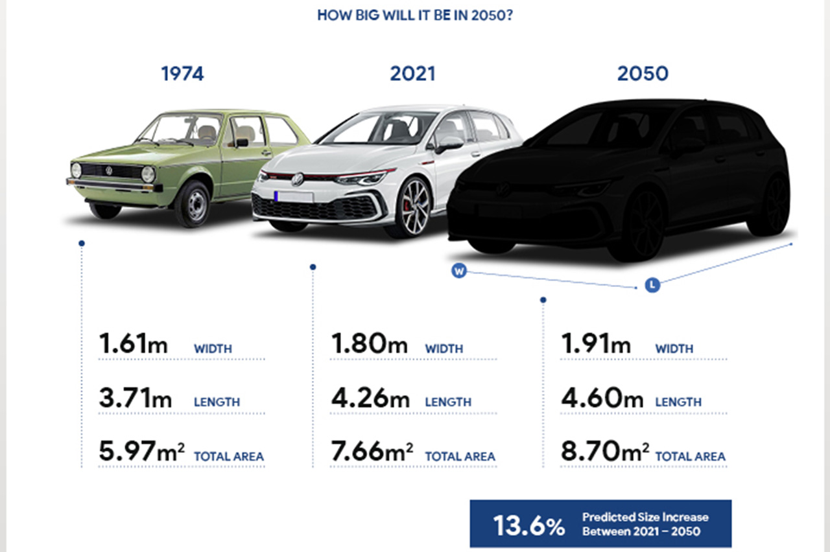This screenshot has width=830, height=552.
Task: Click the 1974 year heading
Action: [182, 74]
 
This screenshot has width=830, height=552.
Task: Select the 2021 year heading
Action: [412, 74]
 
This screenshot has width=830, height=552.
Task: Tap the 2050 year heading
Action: [643, 74]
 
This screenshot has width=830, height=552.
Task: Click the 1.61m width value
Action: [133, 343]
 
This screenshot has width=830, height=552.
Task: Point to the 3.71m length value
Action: [135, 397]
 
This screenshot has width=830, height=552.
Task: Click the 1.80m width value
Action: [369, 343]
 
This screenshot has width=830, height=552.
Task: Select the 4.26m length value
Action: [369, 397]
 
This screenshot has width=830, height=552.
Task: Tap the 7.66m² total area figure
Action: [372, 452]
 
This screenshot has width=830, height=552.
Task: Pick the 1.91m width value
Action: [595, 343]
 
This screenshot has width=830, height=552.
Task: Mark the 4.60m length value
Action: [602, 397]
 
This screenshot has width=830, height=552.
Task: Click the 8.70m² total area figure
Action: [605, 452]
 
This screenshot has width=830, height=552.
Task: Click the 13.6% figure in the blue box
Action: [528, 525]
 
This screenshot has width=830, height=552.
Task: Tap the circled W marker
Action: [459, 271]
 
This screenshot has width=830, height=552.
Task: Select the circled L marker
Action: [652, 284]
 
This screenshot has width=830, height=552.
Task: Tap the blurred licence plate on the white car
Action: [293, 196]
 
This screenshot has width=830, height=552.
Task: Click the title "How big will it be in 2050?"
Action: [415, 15]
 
